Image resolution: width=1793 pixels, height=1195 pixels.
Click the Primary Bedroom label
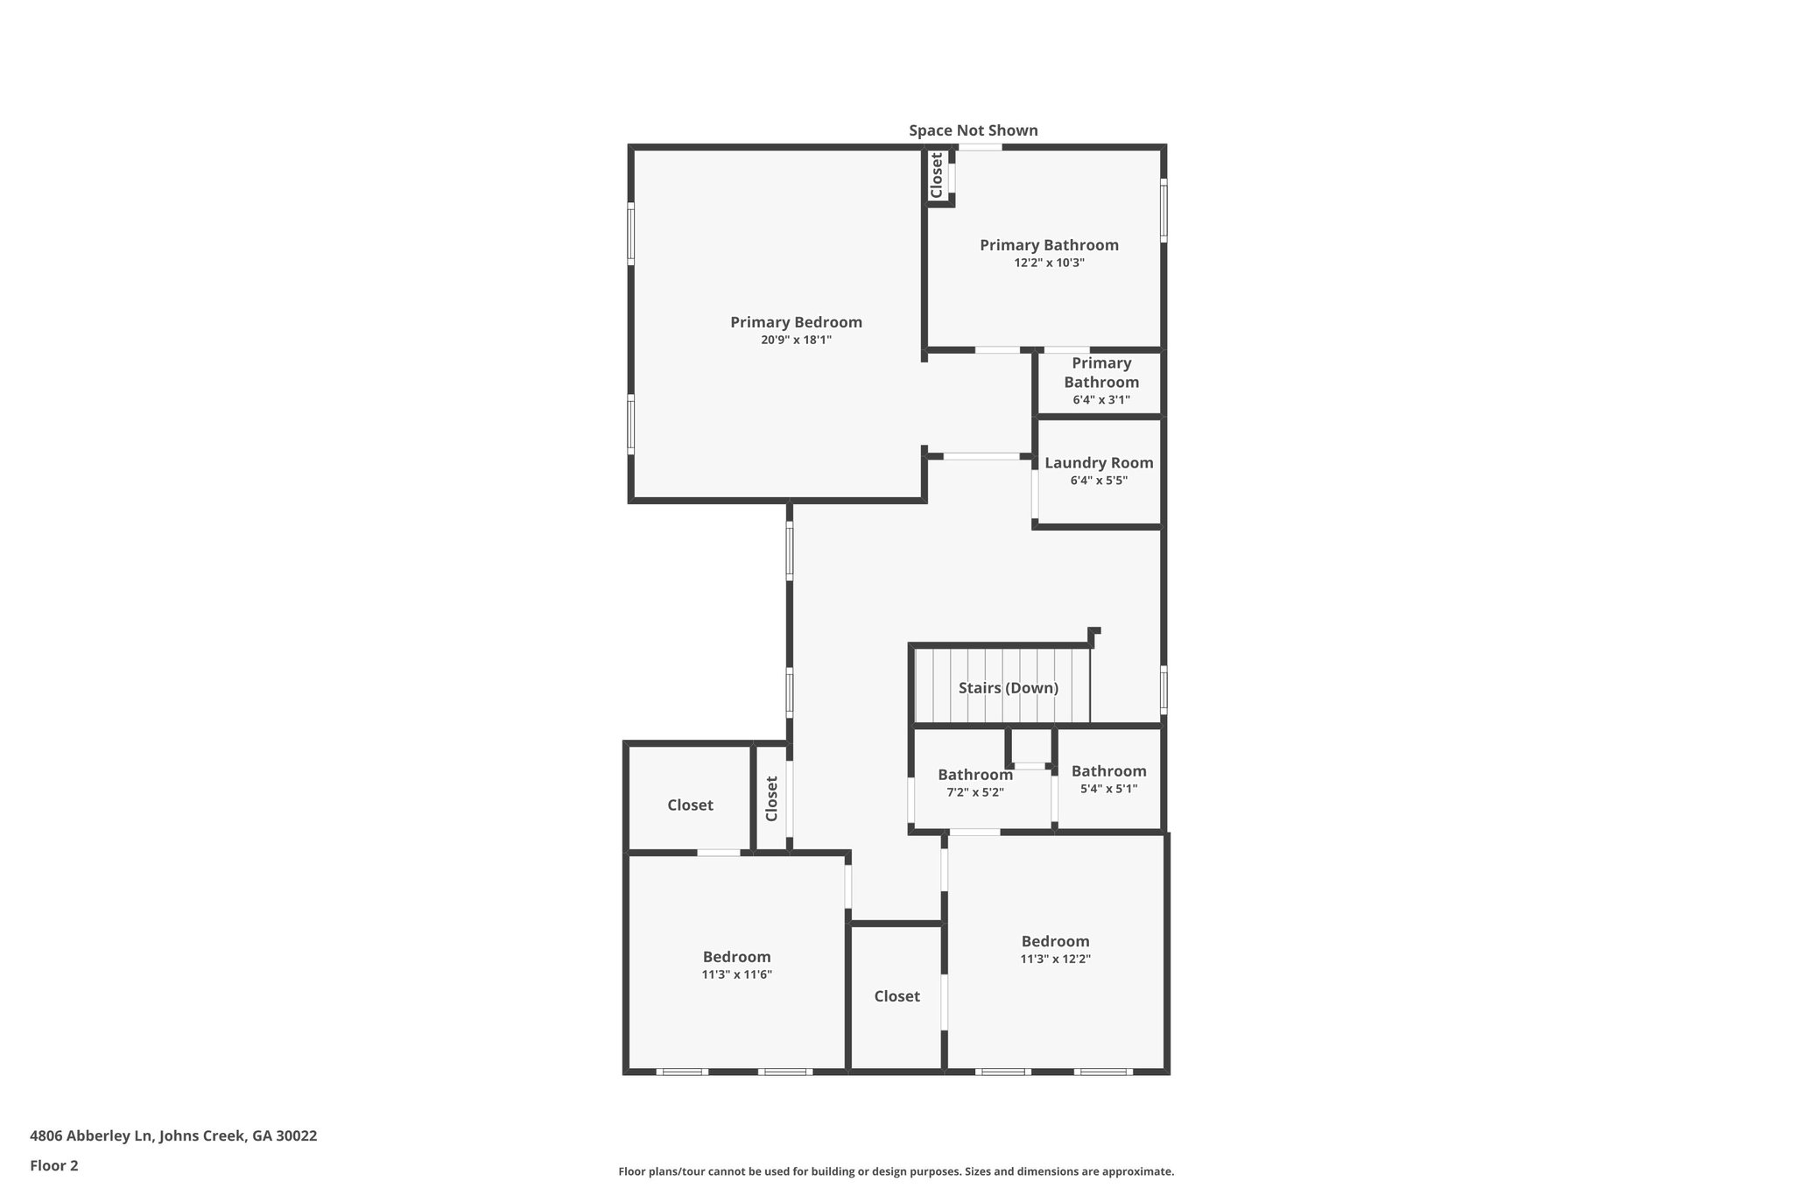coord(796,322)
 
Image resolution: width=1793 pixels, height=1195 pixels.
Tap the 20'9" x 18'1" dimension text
coord(796,340)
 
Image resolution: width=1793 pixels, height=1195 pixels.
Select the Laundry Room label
coord(1099,463)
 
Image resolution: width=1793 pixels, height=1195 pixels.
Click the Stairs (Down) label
coord(1008,688)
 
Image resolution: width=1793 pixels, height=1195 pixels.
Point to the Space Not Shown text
coord(973,130)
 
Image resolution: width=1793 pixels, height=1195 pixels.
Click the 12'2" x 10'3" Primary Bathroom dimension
coord(1049,263)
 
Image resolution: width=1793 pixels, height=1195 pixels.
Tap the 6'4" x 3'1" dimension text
coord(1101,400)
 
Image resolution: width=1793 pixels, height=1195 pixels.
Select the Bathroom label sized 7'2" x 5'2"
coord(974,775)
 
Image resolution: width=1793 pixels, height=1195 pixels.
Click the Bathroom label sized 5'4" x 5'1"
coord(1108,771)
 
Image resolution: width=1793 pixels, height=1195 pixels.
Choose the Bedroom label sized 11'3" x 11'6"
coord(736,957)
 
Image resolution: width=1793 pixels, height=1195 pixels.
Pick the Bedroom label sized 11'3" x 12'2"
coord(1055,941)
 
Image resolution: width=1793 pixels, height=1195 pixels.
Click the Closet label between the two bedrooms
coord(896,996)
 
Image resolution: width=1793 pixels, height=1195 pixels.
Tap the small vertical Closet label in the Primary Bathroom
coord(936,175)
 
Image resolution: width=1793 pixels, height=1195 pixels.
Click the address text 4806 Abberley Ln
coord(173,1135)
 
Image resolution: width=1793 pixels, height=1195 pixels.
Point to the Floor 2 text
coord(54,1165)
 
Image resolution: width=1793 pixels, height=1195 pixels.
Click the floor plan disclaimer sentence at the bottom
coord(896,1171)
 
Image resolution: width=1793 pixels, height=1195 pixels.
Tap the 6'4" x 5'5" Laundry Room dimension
coord(1099,481)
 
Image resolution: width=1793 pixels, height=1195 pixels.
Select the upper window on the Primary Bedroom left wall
coord(630,234)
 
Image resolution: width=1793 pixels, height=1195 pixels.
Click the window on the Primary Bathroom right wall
coord(1164,210)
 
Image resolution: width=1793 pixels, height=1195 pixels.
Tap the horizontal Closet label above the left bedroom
coord(690,805)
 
